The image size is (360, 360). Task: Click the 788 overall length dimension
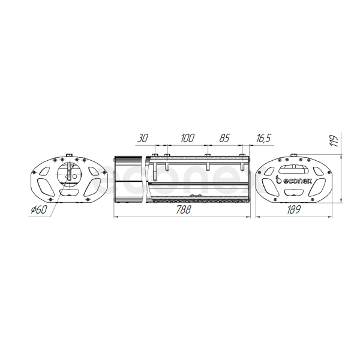point(183,209)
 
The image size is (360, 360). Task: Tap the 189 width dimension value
point(293,209)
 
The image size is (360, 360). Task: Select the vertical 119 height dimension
point(334,141)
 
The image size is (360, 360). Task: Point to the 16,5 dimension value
point(263,138)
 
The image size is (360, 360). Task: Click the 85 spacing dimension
point(224,138)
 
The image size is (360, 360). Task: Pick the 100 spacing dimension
point(187,138)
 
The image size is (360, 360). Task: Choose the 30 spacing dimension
point(143,138)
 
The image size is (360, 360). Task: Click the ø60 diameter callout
point(39,209)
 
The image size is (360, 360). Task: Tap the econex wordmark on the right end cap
point(297,181)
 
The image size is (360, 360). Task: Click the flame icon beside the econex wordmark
point(278,179)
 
